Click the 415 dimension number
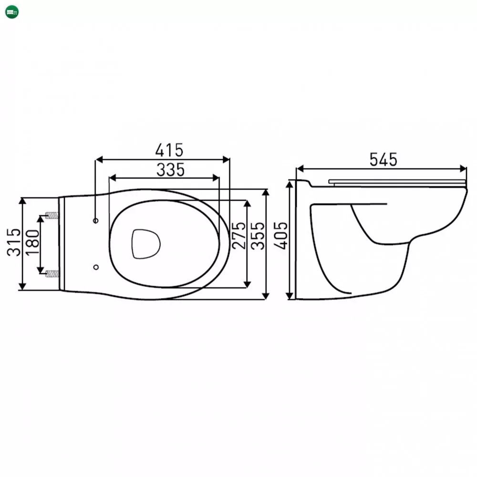click(x=169, y=150)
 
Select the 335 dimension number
click(x=170, y=170)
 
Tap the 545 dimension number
click(x=384, y=159)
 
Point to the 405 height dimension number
click(x=280, y=236)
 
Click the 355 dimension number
click(x=258, y=236)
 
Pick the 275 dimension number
click(x=238, y=236)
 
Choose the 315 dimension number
click(x=14, y=242)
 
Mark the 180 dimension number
click(x=32, y=242)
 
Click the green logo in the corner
click(x=12, y=12)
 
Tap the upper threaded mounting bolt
click(x=52, y=216)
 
